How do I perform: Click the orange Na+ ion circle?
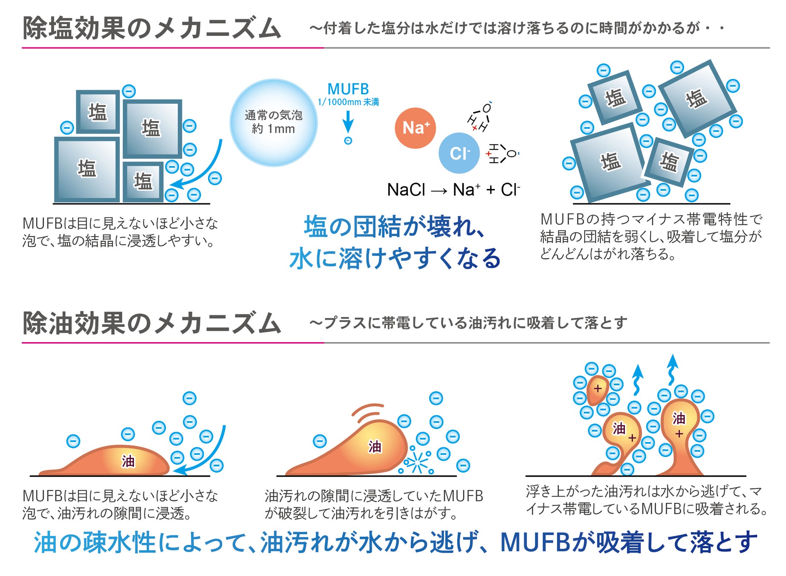click(x=415, y=128)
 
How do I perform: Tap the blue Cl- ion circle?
click(x=459, y=153)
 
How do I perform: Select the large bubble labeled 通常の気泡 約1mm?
click(x=274, y=122)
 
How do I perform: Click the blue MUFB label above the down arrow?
click(x=348, y=89)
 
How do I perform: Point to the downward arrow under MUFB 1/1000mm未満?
click(x=348, y=122)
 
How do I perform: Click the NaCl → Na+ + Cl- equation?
click(x=453, y=190)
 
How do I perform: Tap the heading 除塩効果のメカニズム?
click(x=151, y=28)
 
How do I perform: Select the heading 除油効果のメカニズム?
click(x=151, y=323)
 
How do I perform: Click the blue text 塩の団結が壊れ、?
click(x=394, y=226)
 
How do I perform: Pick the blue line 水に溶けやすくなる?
click(x=394, y=259)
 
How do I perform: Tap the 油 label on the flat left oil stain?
click(x=128, y=461)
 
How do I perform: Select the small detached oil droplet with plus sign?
click(x=597, y=389)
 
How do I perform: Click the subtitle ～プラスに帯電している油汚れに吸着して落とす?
click(x=468, y=323)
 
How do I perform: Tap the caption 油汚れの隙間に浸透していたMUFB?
click(x=374, y=496)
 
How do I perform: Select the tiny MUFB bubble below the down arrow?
click(x=348, y=141)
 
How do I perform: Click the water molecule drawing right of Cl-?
click(x=503, y=154)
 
